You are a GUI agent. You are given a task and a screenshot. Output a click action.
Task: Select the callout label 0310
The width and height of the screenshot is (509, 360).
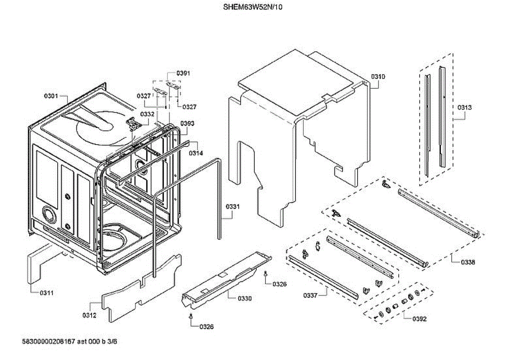point(378,77)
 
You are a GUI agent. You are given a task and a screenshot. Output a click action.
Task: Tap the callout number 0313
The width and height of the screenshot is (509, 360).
point(464,107)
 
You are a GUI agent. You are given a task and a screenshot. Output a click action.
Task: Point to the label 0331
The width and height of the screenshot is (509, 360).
point(232,207)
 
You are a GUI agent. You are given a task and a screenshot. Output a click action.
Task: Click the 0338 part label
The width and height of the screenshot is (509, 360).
point(468,262)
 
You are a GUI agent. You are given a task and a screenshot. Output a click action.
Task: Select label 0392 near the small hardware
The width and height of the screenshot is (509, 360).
point(420,319)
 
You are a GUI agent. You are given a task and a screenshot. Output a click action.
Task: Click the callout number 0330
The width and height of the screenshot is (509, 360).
point(244,299)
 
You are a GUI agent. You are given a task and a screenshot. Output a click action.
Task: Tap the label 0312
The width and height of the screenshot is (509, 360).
point(89,315)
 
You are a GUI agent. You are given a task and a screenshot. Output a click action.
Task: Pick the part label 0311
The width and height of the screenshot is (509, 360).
point(46,293)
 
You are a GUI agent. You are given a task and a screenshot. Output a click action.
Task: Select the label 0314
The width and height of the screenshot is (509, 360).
point(196,153)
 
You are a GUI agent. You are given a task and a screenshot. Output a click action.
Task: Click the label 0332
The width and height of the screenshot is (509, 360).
point(148,114)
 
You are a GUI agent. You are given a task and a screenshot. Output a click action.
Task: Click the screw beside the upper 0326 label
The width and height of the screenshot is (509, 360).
point(266,274)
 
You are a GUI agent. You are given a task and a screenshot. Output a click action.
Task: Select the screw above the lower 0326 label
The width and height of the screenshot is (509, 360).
point(191,316)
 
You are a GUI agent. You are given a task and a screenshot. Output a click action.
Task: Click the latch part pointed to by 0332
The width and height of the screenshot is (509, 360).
point(133,123)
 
